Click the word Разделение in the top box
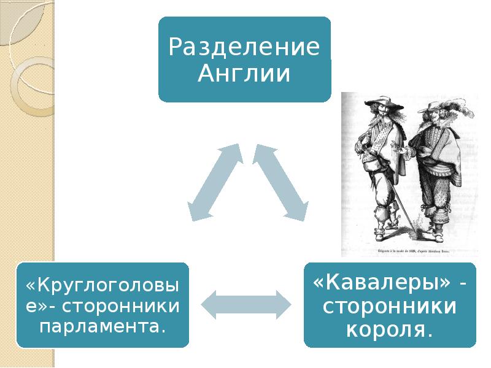click(x=244, y=47)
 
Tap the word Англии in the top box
click(x=244, y=74)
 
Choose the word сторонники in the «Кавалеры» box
click(x=389, y=307)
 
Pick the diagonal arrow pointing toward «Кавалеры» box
click(x=281, y=182)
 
